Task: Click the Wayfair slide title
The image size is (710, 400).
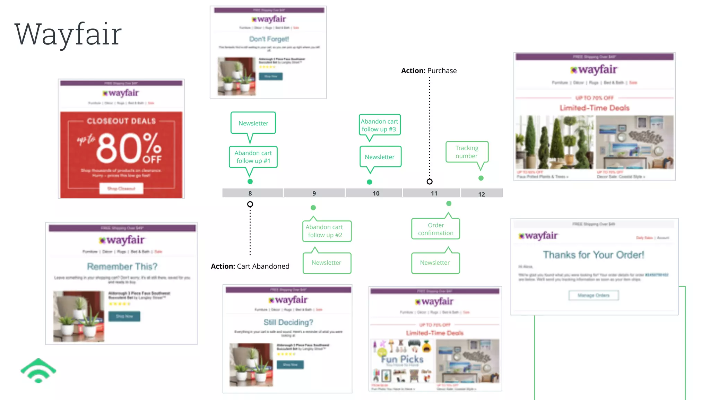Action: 68,34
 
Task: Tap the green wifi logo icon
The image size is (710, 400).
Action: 38,371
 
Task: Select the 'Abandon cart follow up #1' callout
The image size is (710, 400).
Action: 253,157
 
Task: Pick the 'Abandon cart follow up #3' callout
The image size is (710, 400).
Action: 379,125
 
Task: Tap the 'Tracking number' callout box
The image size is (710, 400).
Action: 467,152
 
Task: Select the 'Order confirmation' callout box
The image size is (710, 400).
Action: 435,229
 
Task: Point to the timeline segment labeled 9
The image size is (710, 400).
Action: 314,193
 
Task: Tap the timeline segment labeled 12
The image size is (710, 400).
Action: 482,193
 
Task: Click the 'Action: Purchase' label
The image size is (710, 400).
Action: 429,71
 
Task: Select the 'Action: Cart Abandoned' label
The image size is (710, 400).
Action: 250,266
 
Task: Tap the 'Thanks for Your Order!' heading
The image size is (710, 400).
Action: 594,255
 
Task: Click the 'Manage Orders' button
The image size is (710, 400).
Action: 594,295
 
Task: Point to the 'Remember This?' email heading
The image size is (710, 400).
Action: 122,266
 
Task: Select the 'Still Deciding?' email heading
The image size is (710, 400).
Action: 288,322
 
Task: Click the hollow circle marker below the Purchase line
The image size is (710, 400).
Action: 430,182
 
